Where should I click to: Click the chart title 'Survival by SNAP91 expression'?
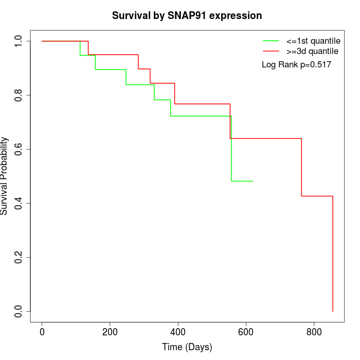point(187,16)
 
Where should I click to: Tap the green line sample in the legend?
point(271,41)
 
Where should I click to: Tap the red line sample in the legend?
point(271,51)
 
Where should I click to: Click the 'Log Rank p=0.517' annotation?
point(296,65)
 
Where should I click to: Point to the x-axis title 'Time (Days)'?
point(187,347)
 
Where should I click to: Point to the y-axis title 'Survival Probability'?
point(5,176)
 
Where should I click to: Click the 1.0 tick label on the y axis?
point(19,41)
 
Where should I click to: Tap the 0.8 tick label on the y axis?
point(19,95)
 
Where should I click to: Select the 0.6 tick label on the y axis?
point(19,149)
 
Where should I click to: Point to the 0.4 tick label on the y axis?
point(19,203)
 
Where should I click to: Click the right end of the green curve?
point(253,181)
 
